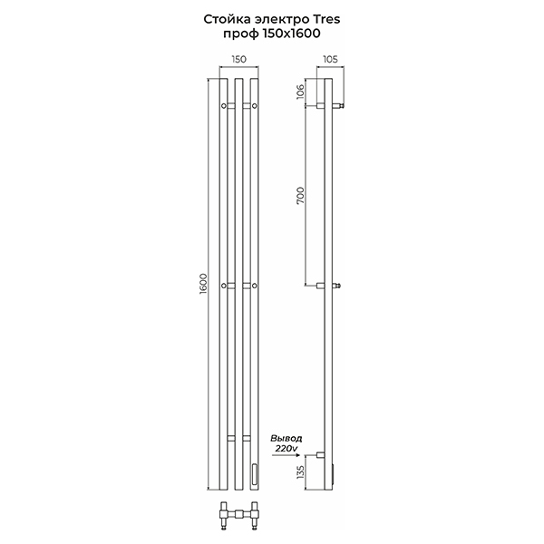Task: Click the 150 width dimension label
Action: [x=239, y=59]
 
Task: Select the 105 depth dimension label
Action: [x=330, y=59]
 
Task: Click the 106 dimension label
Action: [x=300, y=92]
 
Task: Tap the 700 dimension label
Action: [x=300, y=195]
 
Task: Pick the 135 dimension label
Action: [x=300, y=473]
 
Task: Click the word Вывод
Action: [x=287, y=439]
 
